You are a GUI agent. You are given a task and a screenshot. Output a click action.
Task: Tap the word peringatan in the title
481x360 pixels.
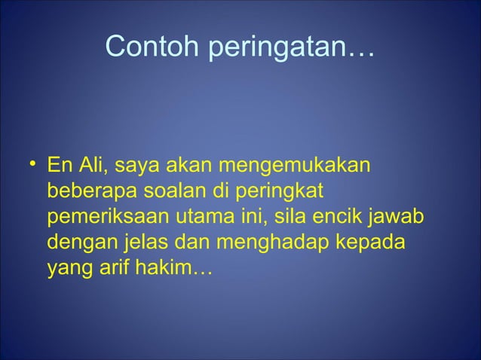pyautogui.click(x=276, y=48)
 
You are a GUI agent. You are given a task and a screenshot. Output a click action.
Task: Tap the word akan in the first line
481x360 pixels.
pyautogui.click(x=198, y=165)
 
